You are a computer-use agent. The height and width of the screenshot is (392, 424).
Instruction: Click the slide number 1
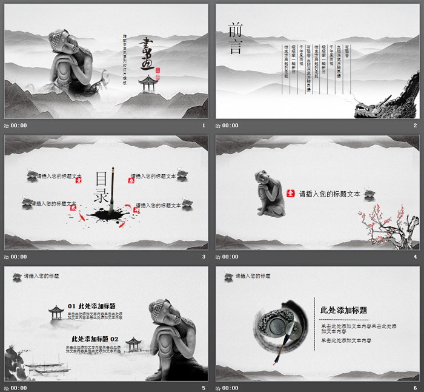point(204,126)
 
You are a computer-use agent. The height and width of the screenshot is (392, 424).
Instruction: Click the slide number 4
point(416,257)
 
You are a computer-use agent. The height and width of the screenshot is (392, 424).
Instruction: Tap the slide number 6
point(416,388)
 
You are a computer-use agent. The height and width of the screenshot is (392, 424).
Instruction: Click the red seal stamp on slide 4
point(290,194)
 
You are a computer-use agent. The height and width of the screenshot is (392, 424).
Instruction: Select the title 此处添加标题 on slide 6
point(343,310)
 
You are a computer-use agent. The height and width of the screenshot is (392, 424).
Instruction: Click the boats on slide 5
point(46,368)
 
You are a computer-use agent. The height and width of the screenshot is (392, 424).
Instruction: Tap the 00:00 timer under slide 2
point(230,126)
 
